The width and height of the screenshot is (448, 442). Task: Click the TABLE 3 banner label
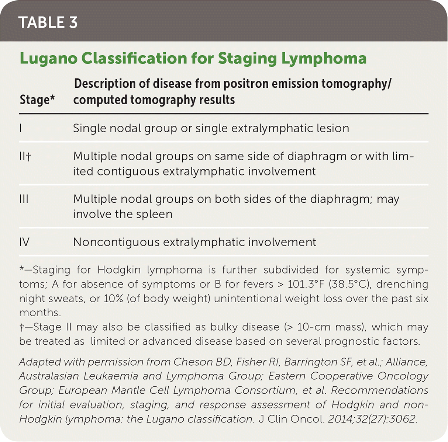[x=48, y=22]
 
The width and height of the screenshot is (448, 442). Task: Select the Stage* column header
[x=37, y=100]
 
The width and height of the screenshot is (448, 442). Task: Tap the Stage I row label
[x=21, y=128]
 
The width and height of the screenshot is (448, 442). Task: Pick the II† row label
[x=25, y=156]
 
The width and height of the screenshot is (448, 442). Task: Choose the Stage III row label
[x=24, y=199]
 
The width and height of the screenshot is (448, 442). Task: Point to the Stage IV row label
[x=24, y=242]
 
